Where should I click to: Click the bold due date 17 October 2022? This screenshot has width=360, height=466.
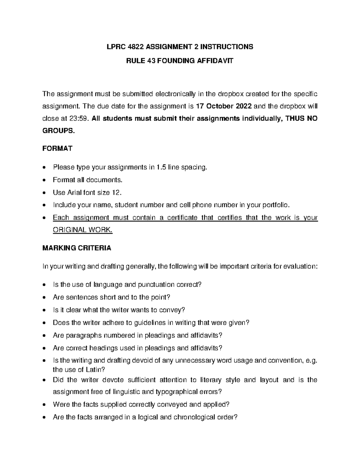coord(224,106)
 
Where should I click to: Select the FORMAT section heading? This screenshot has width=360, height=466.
coord(57,149)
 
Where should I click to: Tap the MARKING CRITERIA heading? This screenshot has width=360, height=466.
coord(76,248)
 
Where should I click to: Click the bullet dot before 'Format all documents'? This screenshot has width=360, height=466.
coord(45,180)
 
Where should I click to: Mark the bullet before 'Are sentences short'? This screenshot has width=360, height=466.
coord(45,298)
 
